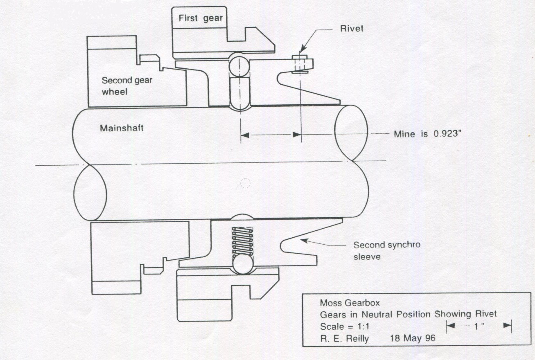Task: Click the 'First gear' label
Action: (201, 18)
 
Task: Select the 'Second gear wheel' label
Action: (126, 85)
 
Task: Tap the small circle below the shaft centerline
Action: (245, 183)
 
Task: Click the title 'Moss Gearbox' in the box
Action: (350, 303)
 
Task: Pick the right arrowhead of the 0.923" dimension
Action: (297, 134)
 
